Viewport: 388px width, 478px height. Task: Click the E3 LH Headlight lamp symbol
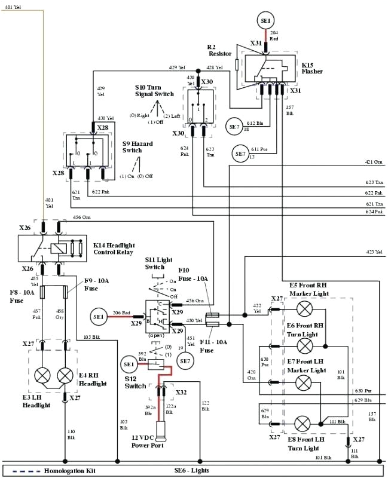(x=43, y=375)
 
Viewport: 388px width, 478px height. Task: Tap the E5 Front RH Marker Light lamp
(x=305, y=309)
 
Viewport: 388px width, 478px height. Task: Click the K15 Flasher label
(x=312, y=68)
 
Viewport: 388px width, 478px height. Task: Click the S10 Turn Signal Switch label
(x=154, y=90)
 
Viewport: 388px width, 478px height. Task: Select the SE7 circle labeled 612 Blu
(x=234, y=126)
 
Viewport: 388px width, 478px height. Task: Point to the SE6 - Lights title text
(x=193, y=471)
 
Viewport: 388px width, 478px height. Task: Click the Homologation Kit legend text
(x=69, y=471)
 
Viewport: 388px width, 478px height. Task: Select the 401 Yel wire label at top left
(x=12, y=7)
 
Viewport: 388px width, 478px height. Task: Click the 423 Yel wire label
(x=374, y=252)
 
